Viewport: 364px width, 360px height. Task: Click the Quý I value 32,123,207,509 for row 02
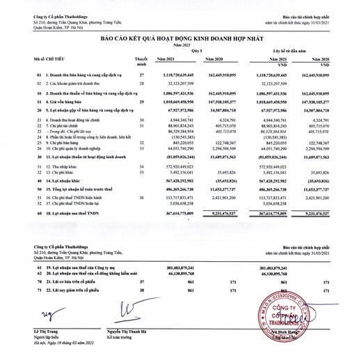point(182,82)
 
